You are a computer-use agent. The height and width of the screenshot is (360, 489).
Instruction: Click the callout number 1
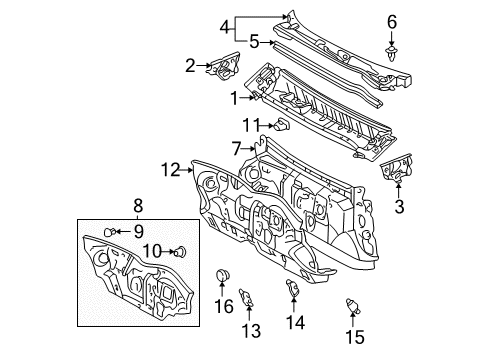point(234,98)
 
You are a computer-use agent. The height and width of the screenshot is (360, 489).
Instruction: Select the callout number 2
point(189,66)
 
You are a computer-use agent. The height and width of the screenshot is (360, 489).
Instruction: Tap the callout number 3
point(399,207)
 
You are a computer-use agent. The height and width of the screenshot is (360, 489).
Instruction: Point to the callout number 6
point(391,20)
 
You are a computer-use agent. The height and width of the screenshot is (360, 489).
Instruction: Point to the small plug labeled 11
point(282,125)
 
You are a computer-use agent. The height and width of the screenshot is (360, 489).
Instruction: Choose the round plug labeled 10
point(181,252)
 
